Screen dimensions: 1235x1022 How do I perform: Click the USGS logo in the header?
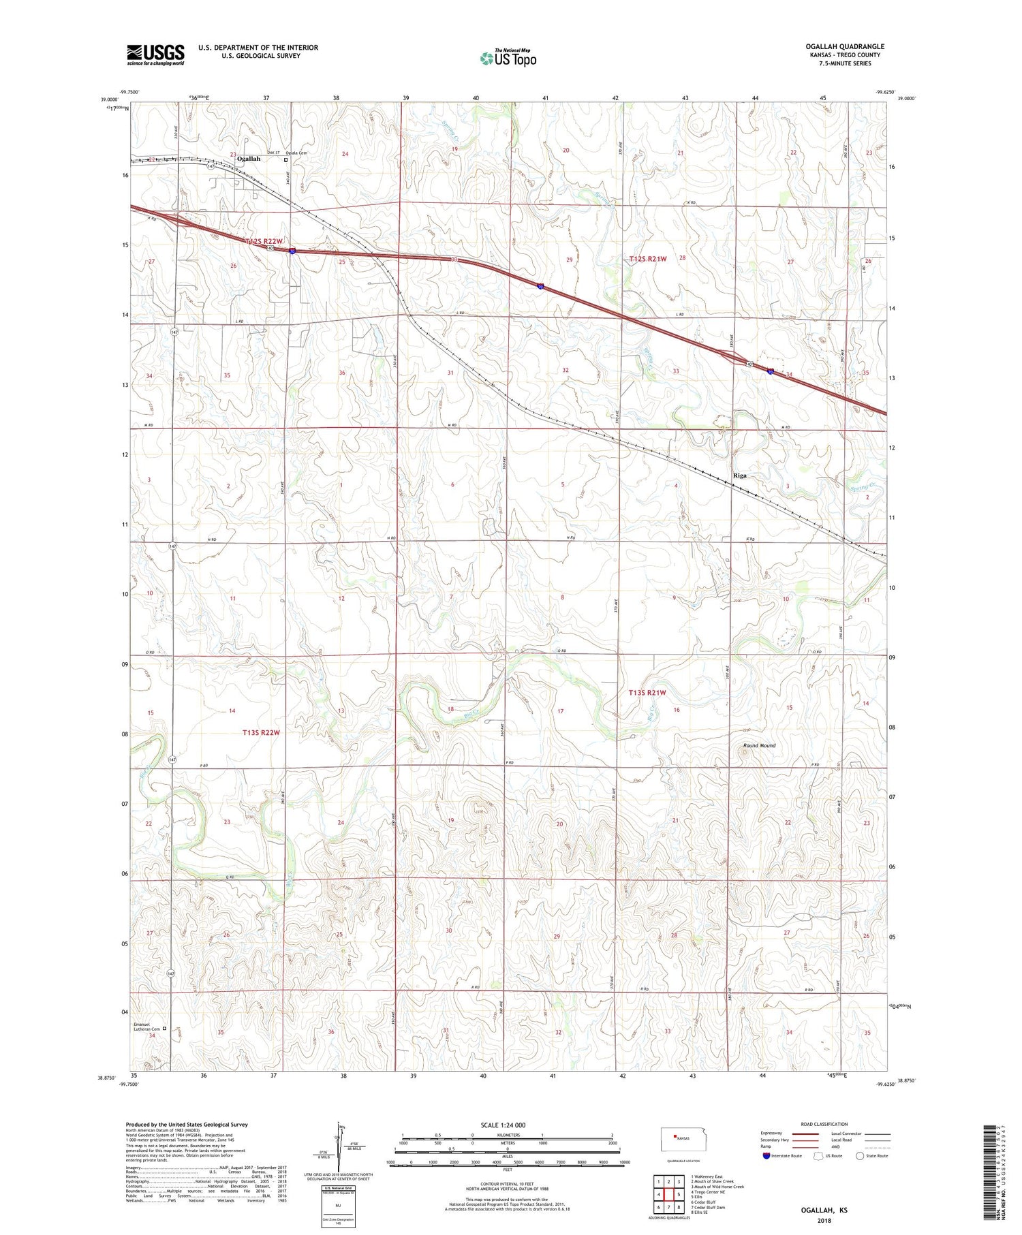tap(155, 54)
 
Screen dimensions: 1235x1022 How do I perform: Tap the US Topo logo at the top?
tap(508, 59)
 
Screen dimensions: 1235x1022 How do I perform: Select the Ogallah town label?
tap(248, 159)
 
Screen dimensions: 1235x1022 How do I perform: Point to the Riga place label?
tap(739, 475)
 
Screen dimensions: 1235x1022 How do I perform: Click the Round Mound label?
tap(759, 746)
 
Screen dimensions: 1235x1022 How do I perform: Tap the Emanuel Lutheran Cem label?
tap(145, 1029)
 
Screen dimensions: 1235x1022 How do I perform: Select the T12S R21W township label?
tap(647, 259)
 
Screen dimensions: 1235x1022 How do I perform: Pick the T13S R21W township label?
tap(647, 692)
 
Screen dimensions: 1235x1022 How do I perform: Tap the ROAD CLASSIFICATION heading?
tap(824, 1124)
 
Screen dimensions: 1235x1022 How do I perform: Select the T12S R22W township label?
tap(264, 241)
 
